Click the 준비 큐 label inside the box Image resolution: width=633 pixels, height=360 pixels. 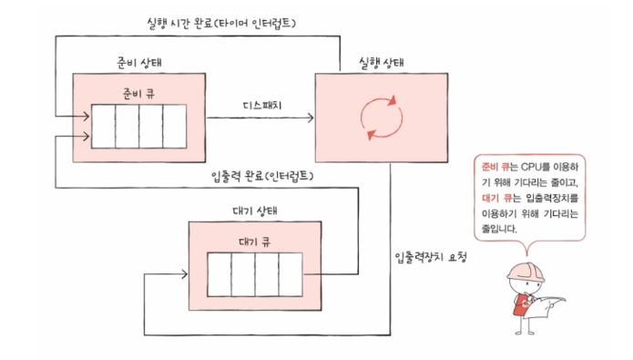[138, 92]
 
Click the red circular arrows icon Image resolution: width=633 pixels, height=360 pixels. [380, 118]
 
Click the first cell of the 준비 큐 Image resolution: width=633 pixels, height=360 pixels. [103, 127]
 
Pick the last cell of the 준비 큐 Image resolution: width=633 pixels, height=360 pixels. [173, 127]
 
